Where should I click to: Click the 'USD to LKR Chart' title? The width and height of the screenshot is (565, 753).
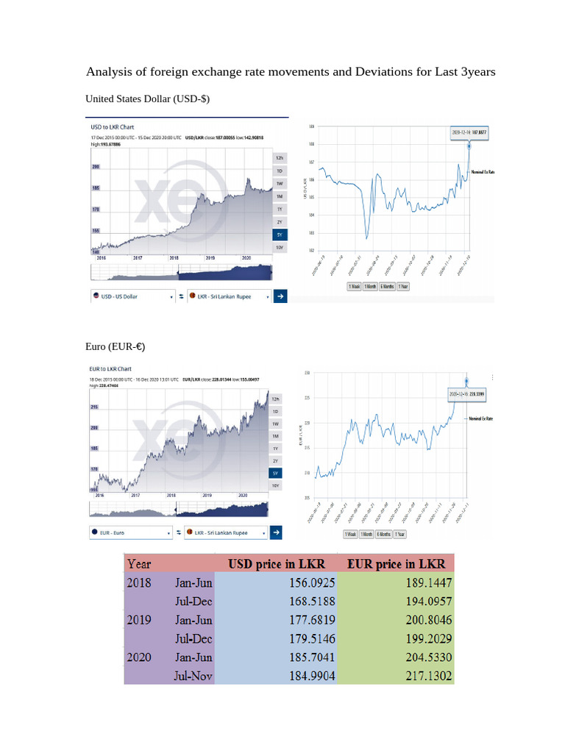coord(112,127)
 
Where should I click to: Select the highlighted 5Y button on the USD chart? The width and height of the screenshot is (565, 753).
coord(279,235)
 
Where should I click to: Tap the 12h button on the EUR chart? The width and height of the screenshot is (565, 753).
coord(275,399)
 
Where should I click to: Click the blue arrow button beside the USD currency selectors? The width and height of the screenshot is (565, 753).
coord(280,296)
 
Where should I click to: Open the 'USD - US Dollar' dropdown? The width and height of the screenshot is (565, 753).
coord(132,296)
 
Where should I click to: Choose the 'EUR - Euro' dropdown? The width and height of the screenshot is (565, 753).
coord(129,532)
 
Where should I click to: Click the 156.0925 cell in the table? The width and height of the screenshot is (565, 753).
coord(309,583)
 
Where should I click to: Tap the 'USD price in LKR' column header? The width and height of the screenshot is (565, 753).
coord(277,564)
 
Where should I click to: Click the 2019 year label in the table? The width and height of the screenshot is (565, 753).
coord(139,620)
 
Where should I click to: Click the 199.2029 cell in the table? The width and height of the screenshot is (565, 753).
coord(427,638)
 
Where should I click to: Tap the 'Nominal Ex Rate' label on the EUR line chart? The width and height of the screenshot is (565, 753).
coord(482,418)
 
